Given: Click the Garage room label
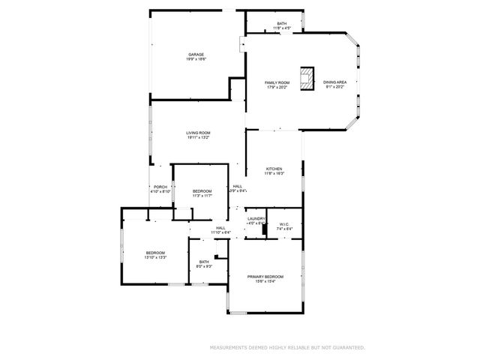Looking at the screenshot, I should click(196, 54).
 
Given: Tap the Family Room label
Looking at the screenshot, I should click(277, 82).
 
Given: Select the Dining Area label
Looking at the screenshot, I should click(334, 82).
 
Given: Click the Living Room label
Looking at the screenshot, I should click(198, 133).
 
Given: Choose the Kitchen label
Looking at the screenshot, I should click(273, 169).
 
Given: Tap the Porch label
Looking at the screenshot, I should click(160, 187).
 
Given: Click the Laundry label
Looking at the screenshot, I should click(256, 219).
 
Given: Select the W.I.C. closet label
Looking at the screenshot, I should click(284, 223).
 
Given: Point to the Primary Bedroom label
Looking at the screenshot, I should click(265, 277).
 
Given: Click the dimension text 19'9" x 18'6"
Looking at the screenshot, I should click(196, 59).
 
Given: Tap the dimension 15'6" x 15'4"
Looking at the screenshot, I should click(265, 282).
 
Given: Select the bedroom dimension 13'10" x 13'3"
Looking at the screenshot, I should click(155, 258).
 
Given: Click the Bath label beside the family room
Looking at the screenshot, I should click(281, 23).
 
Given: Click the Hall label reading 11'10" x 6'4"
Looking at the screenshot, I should click(220, 232).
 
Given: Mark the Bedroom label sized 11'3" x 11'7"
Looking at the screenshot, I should click(202, 196).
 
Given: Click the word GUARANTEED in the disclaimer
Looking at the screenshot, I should click(348, 348).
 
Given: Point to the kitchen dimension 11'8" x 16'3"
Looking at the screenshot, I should click(273, 174).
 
